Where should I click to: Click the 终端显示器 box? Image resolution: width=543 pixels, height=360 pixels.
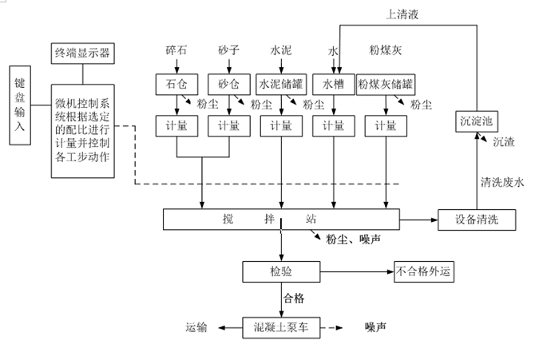coord(81,53)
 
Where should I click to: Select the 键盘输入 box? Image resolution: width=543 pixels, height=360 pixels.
coord(21,105)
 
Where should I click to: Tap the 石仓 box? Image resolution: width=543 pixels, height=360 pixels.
coord(176,84)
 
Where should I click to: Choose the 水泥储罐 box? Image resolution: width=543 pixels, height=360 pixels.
coord(281,84)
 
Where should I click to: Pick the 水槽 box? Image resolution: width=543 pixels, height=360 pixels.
coord(333,84)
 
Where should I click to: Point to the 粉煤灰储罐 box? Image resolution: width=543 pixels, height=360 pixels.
coord(386,84)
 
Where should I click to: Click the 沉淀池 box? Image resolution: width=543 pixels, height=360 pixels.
coord(477,121)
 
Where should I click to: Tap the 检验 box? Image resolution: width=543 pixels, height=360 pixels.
coord(281,271)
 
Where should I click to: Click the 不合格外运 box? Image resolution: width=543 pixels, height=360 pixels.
coord(425,271)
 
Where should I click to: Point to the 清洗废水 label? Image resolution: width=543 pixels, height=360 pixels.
coord(503,182)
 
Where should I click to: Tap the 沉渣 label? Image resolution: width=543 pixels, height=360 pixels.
coord(504,142)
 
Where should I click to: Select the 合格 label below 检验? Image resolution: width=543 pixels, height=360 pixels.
coord(294,298)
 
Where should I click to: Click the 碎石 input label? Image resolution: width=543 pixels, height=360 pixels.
coord(176,50)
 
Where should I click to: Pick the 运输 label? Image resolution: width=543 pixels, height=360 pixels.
coord(196,326)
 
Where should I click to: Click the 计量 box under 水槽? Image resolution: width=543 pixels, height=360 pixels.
coord(333,125)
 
